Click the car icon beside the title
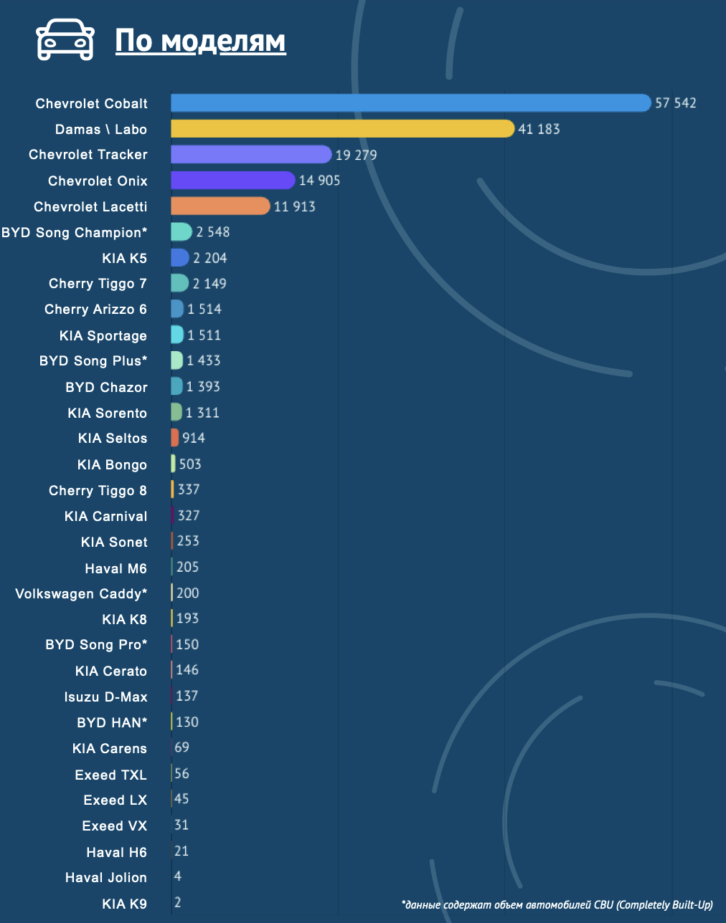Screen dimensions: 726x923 pyautogui.click(x=65, y=39)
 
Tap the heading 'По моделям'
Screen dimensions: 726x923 pyautogui.click(x=200, y=41)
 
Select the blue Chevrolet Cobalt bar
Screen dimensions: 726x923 pyautogui.click(x=411, y=102)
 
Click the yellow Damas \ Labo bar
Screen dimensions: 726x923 pyautogui.click(x=343, y=129)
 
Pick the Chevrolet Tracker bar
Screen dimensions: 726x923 pyautogui.click(x=251, y=155)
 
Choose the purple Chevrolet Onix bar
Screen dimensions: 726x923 pyautogui.click(x=233, y=180)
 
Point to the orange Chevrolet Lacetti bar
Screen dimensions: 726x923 pyautogui.click(x=220, y=206)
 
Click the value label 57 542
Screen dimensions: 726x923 pyautogui.click(x=675, y=102)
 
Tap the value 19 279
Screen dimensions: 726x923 pyautogui.click(x=357, y=155)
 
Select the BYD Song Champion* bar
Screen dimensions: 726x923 pyautogui.click(x=181, y=232)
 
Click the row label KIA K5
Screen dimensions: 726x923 pyautogui.click(x=125, y=258)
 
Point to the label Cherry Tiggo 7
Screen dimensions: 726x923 pyautogui.click(x=98, y=284)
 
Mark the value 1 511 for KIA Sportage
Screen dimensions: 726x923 pyautogui.click(x=204, y=335)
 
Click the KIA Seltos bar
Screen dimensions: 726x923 pyautogui.click(x=175, y=438)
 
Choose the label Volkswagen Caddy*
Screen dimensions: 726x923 pyautogui.click(x=81, y=594)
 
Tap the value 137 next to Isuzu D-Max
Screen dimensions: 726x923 pyautogui.click(x=187, y=696)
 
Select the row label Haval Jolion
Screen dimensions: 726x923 pyautogui.click(x=106, y=878)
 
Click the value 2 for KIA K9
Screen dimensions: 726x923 pyautogui.click(x=178, y=902)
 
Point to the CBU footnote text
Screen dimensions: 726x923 pyautogui.click(x=557, y=905)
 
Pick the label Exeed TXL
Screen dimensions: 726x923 pyautogui.click(x=111, y=775)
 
